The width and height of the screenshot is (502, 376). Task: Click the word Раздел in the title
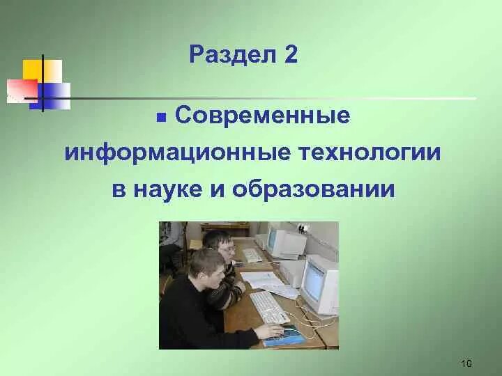point(227,55)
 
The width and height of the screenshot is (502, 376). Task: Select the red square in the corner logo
point(21,90)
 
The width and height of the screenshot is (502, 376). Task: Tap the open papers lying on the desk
point(265,281)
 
